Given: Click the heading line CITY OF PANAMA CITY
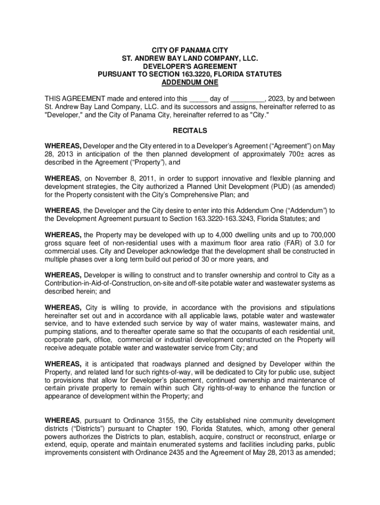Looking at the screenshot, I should (190, 50).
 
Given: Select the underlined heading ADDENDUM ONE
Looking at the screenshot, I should (190, 82).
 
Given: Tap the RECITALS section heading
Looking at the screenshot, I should (190, 131).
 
